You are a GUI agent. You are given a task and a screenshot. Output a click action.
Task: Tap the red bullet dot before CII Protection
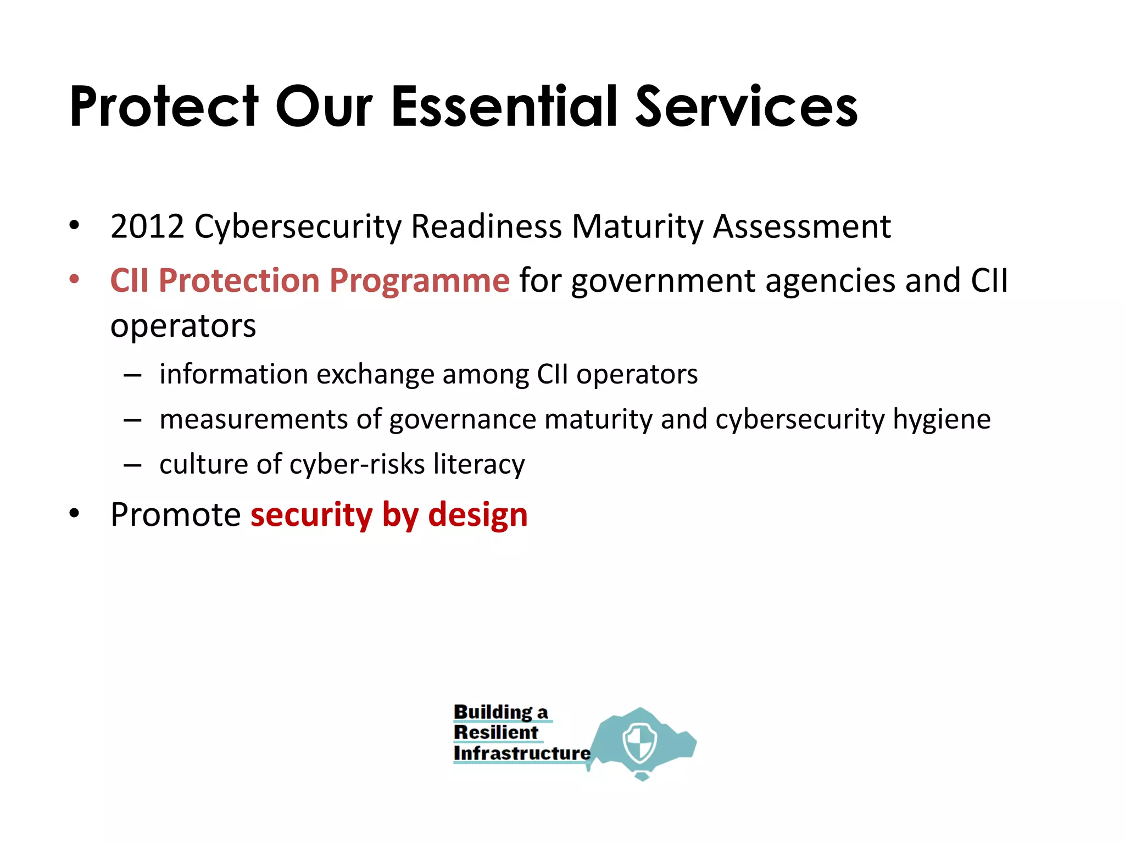click(74, 279)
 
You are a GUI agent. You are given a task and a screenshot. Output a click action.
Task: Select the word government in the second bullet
click(663, 281)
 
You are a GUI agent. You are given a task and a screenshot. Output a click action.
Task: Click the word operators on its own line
click(183, 326)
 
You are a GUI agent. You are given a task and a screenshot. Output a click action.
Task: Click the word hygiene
click(941, 420)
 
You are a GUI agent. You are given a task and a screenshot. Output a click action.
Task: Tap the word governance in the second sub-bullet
click(463, 420)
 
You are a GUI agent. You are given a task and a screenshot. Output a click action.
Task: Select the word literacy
click(478, 465)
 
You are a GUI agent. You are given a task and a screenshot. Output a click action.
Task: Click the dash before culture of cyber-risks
click(132, 465)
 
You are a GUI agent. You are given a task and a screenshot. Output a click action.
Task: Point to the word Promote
click(175, 515)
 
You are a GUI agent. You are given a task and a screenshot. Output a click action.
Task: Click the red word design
click(477, 515)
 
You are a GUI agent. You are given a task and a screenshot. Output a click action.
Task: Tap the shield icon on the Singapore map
click(640, 742)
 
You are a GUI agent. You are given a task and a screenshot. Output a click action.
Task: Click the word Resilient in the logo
click(495, 732)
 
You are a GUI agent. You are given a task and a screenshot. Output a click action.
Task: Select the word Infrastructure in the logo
click(521, 753)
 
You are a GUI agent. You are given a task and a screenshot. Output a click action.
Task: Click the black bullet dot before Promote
click(74, 514)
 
